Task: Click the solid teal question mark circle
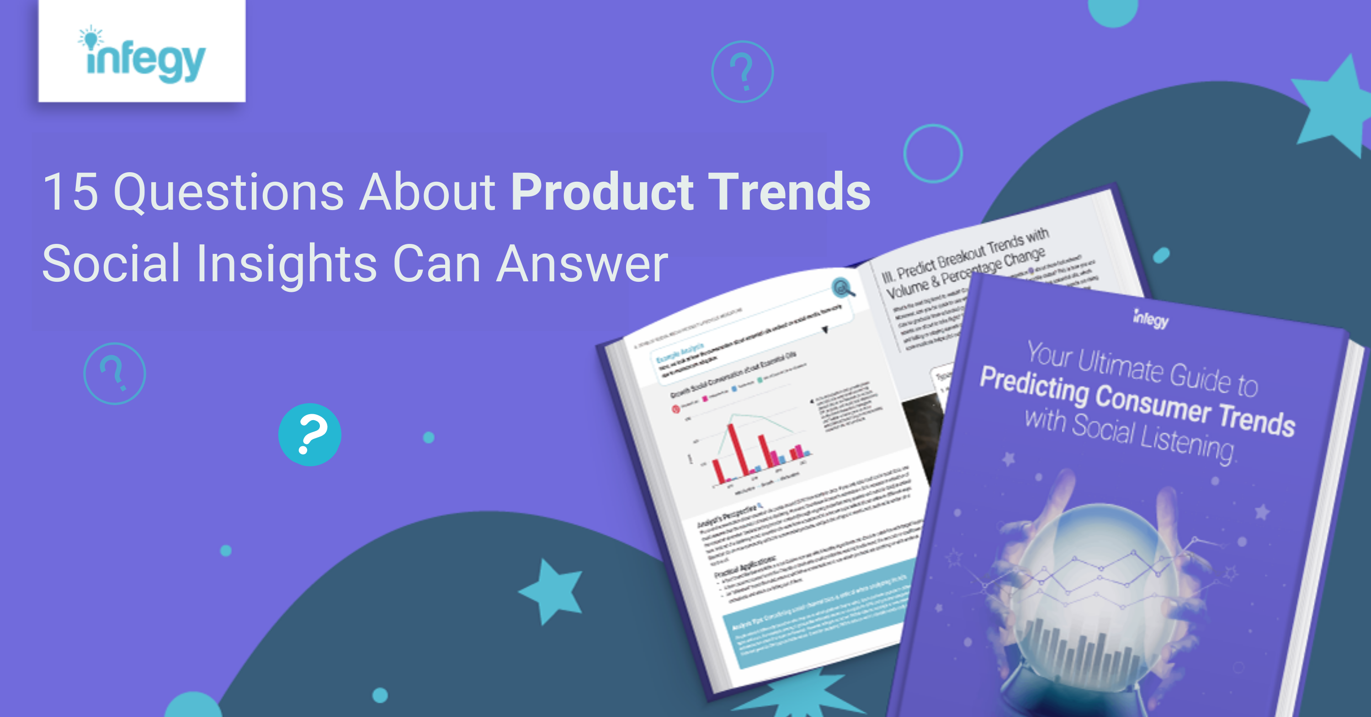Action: pyautogui.click(x=310, y=435)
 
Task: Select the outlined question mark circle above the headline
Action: pyautogui.click(x=743, y=72)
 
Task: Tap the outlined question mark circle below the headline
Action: pyautogui.click(x=114, y=374)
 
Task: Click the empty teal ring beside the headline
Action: pyautogui.click(x=932, y=154)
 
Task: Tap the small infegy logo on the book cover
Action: pyautogui.click(x=1151, y=319)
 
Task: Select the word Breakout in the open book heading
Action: pyautogui.click(x=961, y=258)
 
